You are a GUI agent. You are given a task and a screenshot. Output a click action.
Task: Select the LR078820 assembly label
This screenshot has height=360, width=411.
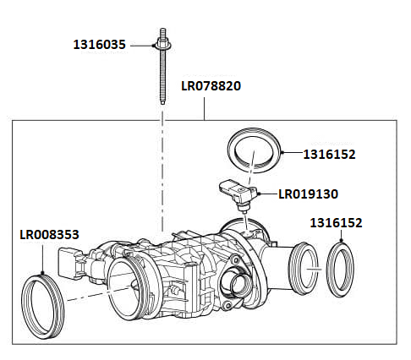tap(211, 86)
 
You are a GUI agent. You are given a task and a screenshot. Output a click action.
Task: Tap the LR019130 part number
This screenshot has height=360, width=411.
tap(308, 194)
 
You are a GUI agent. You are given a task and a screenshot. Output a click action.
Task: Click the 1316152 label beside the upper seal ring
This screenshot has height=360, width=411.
tap(330, 155)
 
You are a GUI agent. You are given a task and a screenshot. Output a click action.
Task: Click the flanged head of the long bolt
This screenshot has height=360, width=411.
tap(160, 43)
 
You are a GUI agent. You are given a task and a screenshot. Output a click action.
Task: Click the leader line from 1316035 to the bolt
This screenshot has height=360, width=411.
tap(142, 44)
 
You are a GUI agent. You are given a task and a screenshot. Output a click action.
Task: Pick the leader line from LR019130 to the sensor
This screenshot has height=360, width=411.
tap(266, 194)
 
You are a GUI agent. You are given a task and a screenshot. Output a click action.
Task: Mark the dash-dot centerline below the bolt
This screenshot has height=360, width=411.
tap(160, 169)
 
